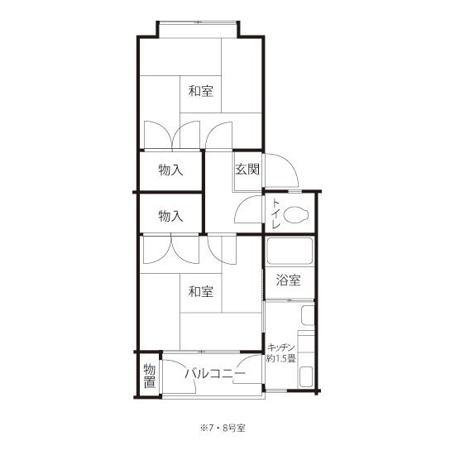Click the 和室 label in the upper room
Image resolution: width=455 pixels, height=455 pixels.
pyautogui.click(x=200, y=91)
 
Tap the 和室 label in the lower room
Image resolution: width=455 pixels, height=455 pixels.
pyautogui.click(x=200, y=291)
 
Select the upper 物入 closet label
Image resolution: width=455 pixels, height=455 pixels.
pyautogui.click(x=170, y=170)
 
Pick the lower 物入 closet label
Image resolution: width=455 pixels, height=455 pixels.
pyautogui.click(x=170, y=216)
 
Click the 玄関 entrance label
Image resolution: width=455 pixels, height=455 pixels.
pyautogui.click(x=247, y=169)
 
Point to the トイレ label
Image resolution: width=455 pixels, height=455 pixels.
pyautogui.click(x=275, y=213)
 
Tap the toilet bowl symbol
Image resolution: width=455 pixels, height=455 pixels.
pyautogui.click(x=296, y=214)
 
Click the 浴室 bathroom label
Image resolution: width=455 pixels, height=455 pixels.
pyautogui.click(x=288, y=280)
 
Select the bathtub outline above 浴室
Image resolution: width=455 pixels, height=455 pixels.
pyautogui.click(x=290, y=251)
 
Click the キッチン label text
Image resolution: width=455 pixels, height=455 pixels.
pyautogui.click(x=281, y=347)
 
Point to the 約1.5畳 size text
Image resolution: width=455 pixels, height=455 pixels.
pyautogui.click(x=281, y=359)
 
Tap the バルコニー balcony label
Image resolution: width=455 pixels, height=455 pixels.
pyautogui.click(x=215, y=374)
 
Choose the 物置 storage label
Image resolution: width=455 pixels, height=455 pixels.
pyautogui.click(x=150, y=376)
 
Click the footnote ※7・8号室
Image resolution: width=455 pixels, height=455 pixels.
pyautogui.click(x=223, y=428)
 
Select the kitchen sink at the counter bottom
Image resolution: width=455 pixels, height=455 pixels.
pyautogui.click(x=306, y=376)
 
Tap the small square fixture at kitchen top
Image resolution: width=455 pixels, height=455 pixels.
pyautogui.click(x=308, y=315)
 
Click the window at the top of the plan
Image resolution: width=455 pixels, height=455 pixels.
pyautogui.click(x=199, y=22)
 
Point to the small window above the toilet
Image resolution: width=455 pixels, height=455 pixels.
pyautogui.click(x=295, y=191)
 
